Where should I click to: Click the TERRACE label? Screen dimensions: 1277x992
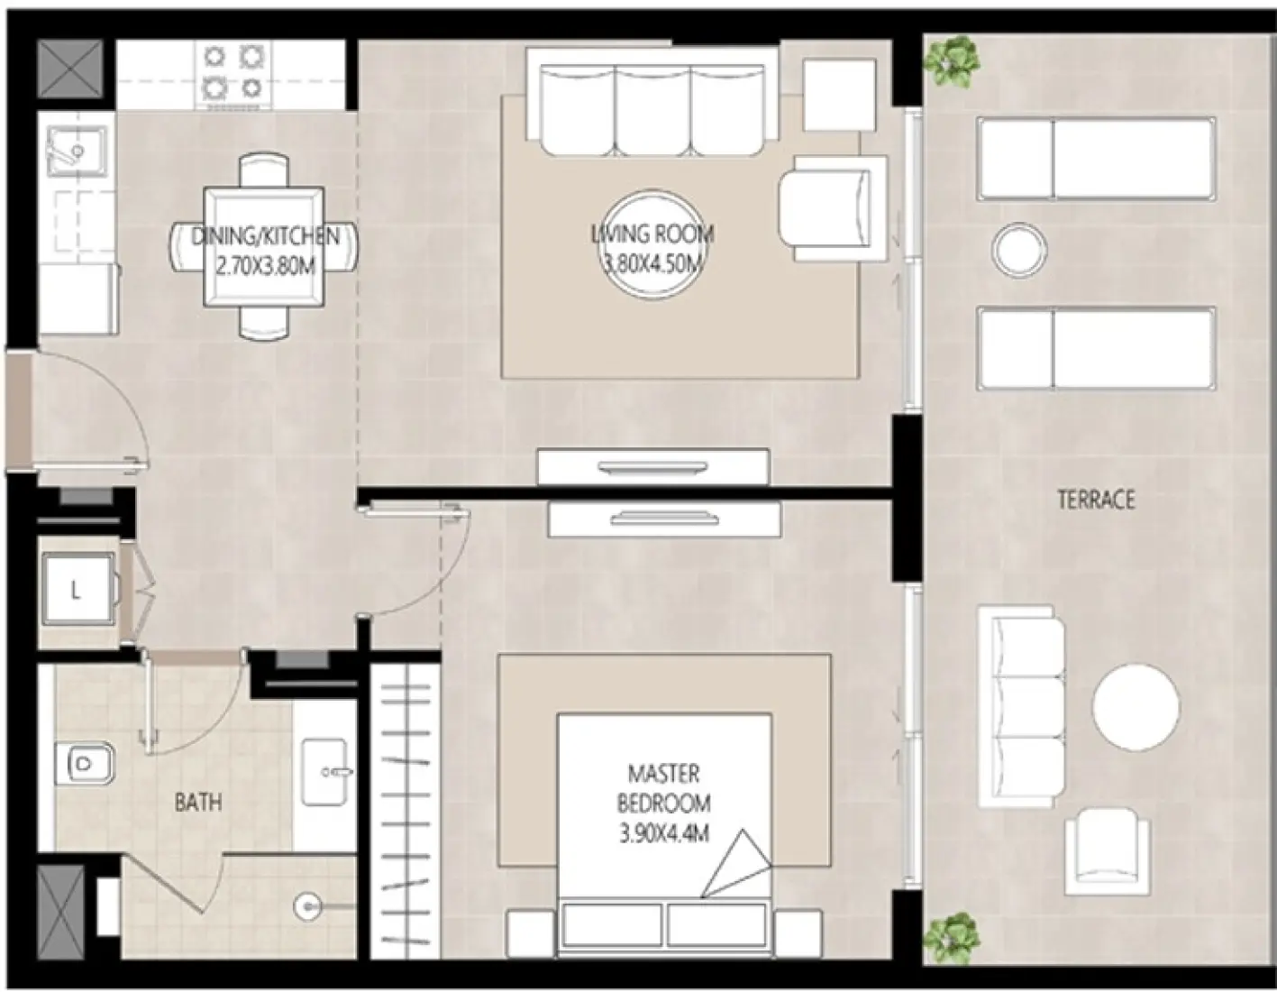click(1096, 500)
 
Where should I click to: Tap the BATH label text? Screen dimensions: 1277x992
click(198, 803)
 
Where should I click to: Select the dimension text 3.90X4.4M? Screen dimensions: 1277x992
click(664, 834)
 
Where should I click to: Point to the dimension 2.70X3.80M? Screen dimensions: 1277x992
click(265, 267)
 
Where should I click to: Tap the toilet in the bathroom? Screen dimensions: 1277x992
click(86, 763)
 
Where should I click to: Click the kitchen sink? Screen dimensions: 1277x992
click(77, 152)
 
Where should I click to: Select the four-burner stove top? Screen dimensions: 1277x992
click(233, 74)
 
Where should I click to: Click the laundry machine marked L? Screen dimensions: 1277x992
click(78, 590)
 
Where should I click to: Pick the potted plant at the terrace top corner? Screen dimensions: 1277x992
click(952, 61)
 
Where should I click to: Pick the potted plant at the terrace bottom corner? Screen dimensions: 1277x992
click(952, 939)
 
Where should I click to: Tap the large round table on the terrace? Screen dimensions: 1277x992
click(1136, 707)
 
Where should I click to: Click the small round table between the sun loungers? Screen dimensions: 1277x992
click(1019, 251)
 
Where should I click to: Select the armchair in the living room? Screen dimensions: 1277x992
click(833, 207)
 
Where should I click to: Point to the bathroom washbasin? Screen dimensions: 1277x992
click(324, 772)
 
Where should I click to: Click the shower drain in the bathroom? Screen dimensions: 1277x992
click(307, 907)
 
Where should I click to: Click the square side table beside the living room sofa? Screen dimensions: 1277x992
click(839, 95)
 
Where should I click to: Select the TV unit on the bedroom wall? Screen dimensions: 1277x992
click(664, 519)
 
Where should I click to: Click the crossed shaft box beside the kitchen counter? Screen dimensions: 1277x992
click(70, 69)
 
